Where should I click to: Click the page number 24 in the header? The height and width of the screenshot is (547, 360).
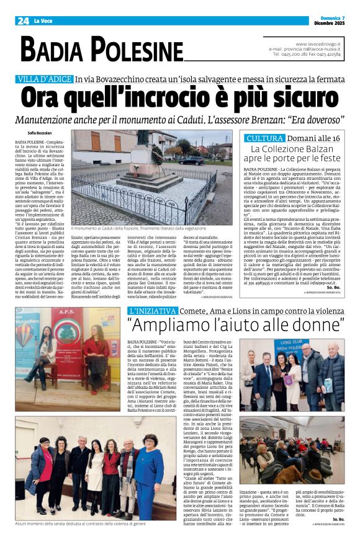pos(23,20)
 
